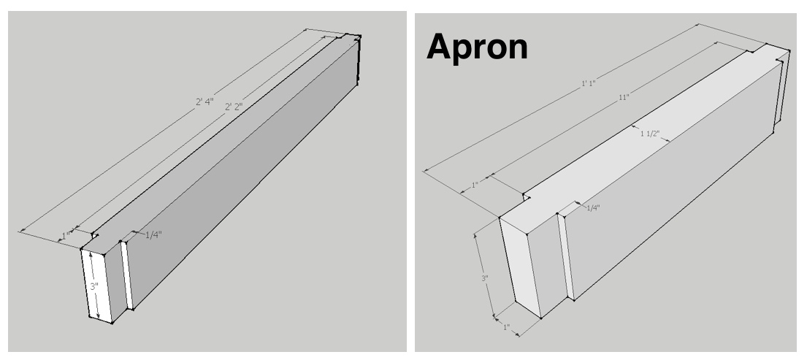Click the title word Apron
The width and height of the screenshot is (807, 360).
pyautogui.click(x=477, y=47)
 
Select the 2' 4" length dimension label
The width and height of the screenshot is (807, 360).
pyautogui.click(x=204, y=102)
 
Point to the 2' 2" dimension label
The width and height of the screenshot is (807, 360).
pyautogui.click(x=234, y=107)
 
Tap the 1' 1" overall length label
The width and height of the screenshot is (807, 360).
pyautogui.click(x=588, y=83)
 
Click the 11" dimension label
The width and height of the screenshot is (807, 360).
pyautogui.click(x=624, y=96)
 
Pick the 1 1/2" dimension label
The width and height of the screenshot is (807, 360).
pyautogui.click(x=649, y=134)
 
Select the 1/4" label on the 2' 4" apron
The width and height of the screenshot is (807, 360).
pyautogui.click(x=153, y=235)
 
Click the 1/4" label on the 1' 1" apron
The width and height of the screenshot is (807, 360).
pyautogui.click(x=594, y=208)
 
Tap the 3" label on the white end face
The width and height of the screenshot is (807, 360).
pyautogui.click(x=94, y=286)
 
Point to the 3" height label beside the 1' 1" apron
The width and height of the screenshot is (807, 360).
pyautogui.click(x=485, y=278)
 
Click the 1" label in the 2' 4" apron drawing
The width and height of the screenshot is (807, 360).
pyautogui.click(x=66, y=236)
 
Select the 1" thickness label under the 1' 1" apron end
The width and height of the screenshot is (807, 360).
pyautogui.click(x=506, y=327)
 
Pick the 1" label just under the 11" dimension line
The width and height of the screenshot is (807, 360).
pyautogui.click(x=475, y=185)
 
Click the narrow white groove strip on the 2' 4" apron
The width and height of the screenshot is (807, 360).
pyautogui.click(x=126, y=275)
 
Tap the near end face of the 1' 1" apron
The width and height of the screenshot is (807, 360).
pyautogui.click(x=520, y=267)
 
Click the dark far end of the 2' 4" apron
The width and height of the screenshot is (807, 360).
pyautogui.click(x=358, y=59)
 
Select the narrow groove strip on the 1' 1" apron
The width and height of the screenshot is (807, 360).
pyautogui.click(x=565, y=256)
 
